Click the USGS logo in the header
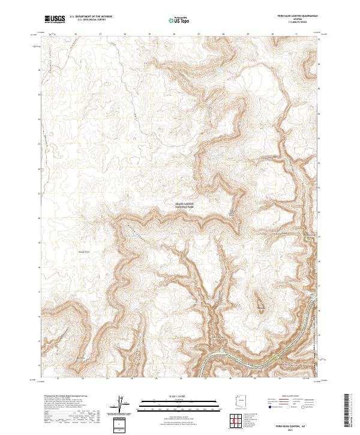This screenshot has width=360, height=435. [55, 19]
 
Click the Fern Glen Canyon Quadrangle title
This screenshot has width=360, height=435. [293, 16]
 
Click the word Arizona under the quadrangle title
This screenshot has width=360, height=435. [293, 19]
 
